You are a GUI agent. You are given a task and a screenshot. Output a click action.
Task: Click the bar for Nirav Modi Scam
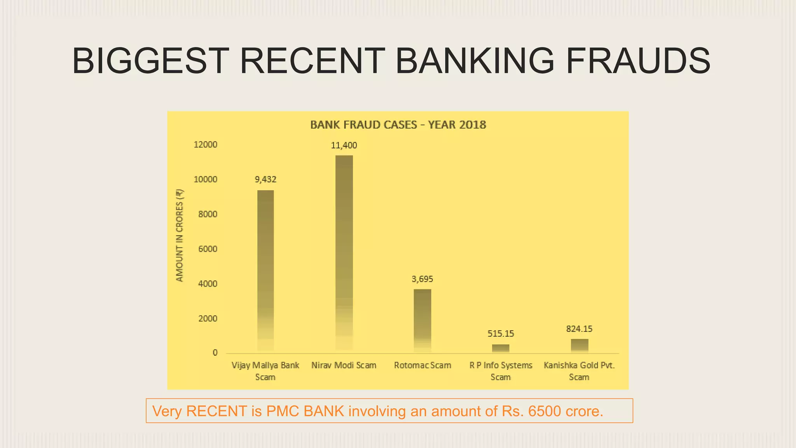344,253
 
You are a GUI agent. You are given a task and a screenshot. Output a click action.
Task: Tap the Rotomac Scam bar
422,320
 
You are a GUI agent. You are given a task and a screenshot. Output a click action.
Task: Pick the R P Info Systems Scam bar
501,348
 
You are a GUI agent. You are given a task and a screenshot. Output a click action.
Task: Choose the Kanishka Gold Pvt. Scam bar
579,346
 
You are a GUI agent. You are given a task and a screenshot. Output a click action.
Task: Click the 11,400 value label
344,145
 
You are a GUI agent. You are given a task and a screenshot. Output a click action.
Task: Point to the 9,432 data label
265,180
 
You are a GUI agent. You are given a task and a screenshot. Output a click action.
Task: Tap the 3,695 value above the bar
422,279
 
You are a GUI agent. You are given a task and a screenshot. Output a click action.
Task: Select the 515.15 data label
501,334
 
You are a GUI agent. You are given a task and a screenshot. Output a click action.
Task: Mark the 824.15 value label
579,329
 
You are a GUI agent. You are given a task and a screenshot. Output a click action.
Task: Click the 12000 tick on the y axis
205,145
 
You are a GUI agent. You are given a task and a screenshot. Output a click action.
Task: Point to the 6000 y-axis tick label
208,249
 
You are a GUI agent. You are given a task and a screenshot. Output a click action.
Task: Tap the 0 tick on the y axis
215,353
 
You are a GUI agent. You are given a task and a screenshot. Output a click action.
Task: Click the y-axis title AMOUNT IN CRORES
179,236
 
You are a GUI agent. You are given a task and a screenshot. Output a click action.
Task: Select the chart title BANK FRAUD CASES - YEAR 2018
398,125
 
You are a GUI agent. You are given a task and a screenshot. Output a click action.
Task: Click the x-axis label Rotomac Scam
422,366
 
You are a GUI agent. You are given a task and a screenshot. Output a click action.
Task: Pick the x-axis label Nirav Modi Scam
344,366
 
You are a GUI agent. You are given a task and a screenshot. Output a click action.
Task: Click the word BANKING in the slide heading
475,61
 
